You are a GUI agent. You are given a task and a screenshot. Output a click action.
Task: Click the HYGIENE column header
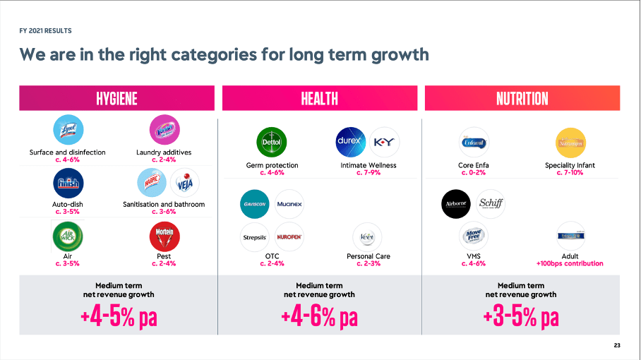(x=116, y=98)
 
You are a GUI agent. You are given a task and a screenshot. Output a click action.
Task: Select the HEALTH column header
(x=319, y=98)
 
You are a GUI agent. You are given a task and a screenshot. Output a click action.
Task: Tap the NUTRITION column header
(x=522, y=98)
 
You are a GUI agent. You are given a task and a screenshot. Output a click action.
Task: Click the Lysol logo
(x=68, y=131)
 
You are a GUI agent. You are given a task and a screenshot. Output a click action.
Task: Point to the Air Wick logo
(x=68, y=236)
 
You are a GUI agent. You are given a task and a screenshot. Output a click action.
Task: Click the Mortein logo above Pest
(x=163, y=236)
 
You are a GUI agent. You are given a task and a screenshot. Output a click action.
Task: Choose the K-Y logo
(x=385, y=141)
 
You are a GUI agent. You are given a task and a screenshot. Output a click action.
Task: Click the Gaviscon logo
(x=255, y=203)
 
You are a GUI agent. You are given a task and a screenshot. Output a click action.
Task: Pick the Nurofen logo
(x=289, y=237)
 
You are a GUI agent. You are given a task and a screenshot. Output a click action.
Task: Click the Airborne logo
(x=455, y=203)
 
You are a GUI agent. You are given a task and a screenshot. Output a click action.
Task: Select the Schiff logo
(x=490, y=203)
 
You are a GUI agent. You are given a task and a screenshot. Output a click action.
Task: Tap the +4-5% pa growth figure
(x=117, y=317)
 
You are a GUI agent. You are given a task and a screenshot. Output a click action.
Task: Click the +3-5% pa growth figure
(x=521, y=317)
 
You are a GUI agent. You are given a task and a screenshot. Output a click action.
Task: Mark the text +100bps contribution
(x=570, y=264)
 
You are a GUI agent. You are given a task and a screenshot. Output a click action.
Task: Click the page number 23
(x=617, y=345)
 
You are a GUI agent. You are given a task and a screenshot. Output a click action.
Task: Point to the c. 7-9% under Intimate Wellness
(x=369, y=173)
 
